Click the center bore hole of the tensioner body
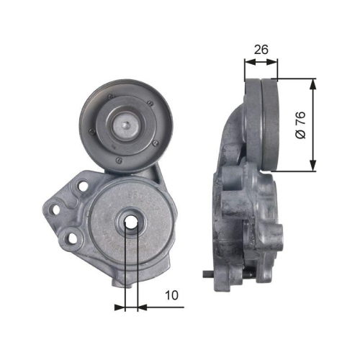(131, 223)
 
